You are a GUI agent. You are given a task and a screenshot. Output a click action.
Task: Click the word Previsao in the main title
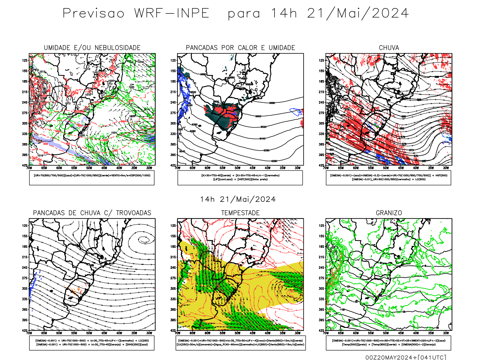pos(93,13)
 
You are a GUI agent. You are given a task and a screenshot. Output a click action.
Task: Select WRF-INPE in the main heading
pos(172,13)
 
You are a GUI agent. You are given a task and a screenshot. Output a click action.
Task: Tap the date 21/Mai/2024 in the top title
pos(358,13)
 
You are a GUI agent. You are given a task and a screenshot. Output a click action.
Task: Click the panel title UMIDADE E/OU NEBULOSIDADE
pos(92,48)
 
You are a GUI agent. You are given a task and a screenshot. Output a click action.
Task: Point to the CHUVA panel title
pos(389,48)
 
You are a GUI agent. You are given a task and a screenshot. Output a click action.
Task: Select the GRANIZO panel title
pos(389,213)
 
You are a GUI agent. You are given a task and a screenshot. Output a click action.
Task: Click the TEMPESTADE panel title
pos(240,213)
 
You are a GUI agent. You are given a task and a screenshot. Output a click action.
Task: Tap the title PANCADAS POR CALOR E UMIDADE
pos(240,48)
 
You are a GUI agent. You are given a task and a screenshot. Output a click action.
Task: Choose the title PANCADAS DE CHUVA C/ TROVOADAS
pos(92,213)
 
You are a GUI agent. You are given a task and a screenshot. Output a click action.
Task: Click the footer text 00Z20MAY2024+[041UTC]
pos(406,357)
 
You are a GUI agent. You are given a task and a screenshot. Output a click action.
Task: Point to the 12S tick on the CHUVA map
pos(322,61)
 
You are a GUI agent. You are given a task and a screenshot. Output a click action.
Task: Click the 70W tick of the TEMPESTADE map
pos(178,333)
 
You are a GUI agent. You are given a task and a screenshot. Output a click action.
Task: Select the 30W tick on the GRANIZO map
pos(446,333)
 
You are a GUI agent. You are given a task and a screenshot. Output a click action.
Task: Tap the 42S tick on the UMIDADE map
pos(25,165)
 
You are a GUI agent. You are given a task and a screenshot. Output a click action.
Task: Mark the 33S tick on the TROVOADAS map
pos(25,299)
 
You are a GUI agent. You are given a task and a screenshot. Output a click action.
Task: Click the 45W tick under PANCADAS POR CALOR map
pos(253,168)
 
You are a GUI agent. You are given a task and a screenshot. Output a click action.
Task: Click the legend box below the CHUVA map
pos(388,178)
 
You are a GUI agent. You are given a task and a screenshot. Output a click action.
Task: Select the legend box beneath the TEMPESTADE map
pos(240,343)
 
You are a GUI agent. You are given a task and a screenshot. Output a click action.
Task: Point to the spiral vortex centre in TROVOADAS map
pos(143,239)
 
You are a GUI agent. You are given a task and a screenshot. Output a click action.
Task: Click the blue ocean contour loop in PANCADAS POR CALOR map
pos(296,112)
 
